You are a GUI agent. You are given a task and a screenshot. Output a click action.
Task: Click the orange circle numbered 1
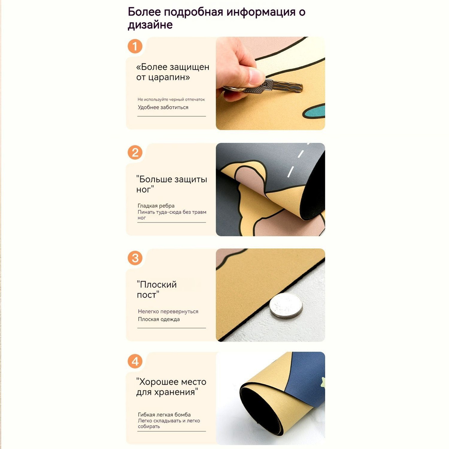[x=135, y=46]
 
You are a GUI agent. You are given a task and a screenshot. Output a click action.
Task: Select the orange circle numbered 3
[x=135, y=258]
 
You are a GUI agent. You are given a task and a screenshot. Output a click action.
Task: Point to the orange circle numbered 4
[x=135, y=361]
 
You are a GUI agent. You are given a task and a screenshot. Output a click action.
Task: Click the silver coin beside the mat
[x=286, y=305]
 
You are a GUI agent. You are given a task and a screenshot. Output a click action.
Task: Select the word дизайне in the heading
[x=150, y=25]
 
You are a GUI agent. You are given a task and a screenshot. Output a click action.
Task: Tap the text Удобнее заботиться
[x=163, y=107]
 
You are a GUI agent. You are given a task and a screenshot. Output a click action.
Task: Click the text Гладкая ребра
[x=156, y=206]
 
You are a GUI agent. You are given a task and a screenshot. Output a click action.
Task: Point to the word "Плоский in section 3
[x=156, y=285]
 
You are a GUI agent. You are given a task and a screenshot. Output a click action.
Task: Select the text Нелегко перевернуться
[x=168, y=312]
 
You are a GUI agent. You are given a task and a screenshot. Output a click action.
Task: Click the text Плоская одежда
[x=159, y=320]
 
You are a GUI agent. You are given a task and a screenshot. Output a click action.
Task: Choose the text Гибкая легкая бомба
[x=164, y=415]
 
